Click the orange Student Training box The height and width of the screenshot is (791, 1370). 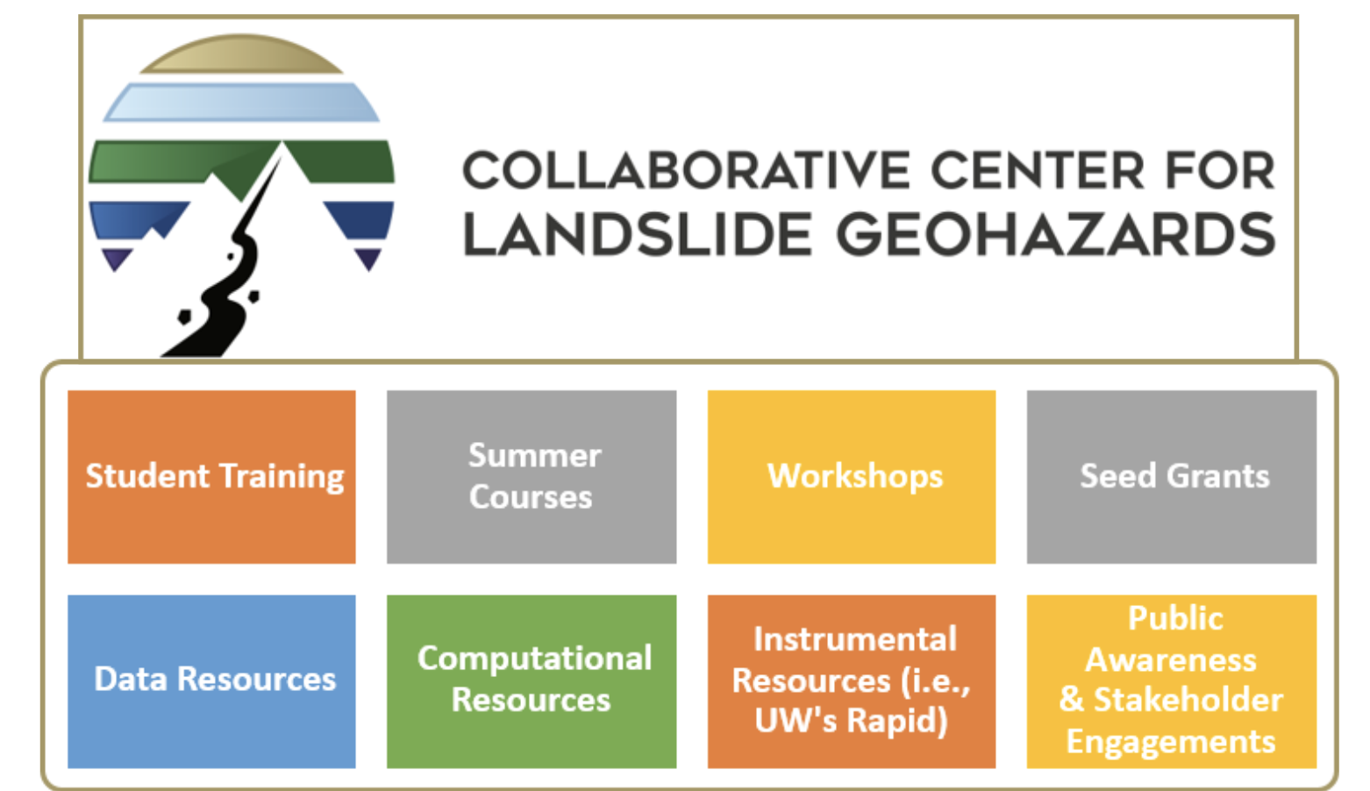(x=211, y=477)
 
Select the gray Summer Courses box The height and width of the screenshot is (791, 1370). (x=532, y=477)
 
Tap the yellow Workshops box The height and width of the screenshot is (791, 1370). (x=852, y=477)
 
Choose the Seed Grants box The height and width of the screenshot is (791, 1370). (x=1171, y=477)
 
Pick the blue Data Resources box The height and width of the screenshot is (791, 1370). (x=211, y=681)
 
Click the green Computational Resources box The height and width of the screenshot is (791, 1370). (x=532, y=681)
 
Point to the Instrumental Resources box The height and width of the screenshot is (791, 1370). (x=852, y=681)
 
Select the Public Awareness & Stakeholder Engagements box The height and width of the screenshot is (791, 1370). (x=1171, y=681)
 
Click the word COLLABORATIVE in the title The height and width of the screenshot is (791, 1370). (x=686, y=170)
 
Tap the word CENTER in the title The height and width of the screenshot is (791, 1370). (x=1038, y=170)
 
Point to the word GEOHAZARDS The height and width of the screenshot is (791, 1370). (x=1056, y=234)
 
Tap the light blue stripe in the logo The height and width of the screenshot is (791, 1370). (x=241, y=102)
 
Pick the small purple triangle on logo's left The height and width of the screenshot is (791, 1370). (x=116, y=258)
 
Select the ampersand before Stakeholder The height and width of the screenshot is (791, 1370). (x=1071, y=699)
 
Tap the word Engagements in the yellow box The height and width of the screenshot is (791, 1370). (x=1171, y=743)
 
